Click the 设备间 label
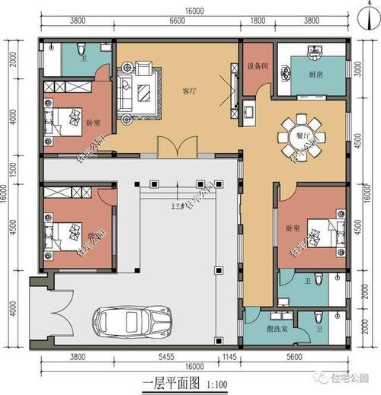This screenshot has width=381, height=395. click(x=257, y=66)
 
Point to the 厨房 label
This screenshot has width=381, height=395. click(x=316, y=75)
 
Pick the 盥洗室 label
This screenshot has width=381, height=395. click(x=272, y=330)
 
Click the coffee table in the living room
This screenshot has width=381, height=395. click(x=143, y=94)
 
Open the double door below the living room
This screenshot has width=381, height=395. click(x=170, y=147)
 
